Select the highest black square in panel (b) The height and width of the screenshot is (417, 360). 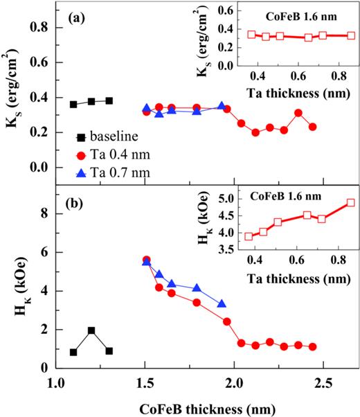tap(91, 331)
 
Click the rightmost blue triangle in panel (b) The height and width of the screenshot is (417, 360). tap(222, 304)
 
